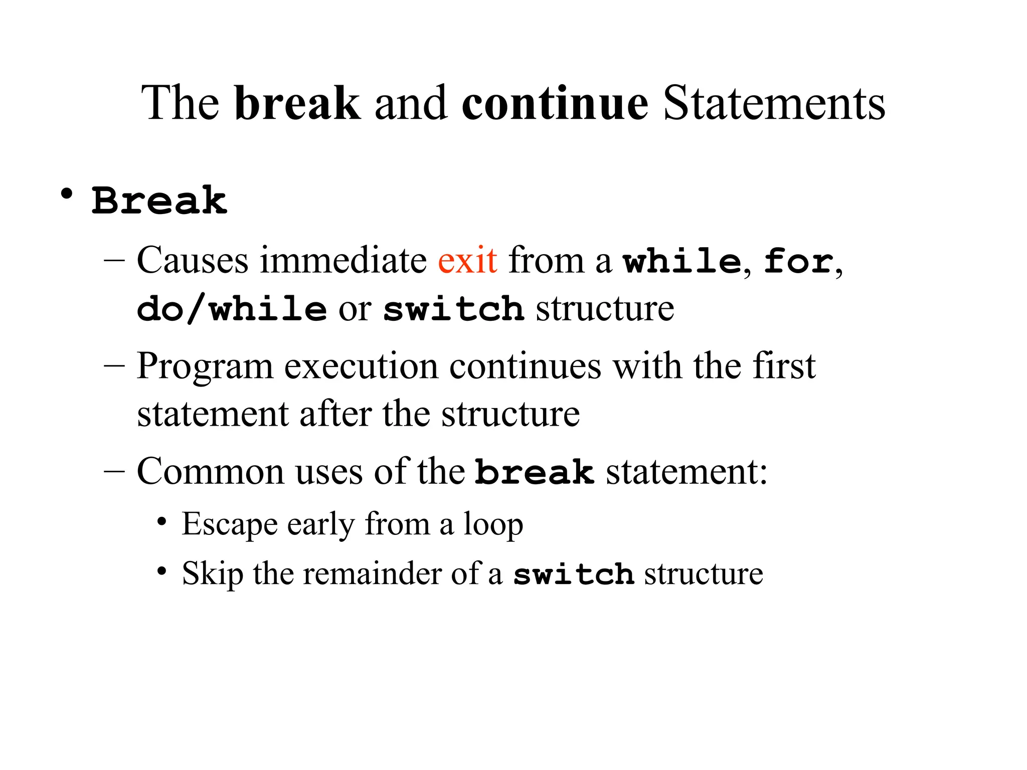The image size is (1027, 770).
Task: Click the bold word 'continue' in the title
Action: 555,103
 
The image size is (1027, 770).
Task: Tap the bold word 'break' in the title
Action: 297,103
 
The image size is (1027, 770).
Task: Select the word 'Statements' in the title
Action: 774,103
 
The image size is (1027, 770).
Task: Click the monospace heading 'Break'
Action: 159,201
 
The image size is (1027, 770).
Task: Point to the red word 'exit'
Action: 467,261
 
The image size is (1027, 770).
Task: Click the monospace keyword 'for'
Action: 798,262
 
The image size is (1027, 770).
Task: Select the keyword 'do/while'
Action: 232,309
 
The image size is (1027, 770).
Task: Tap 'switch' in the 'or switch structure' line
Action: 453,309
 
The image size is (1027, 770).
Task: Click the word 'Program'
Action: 205,367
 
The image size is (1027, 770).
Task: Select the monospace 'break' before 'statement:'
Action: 535,472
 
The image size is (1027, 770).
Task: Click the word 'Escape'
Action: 229,525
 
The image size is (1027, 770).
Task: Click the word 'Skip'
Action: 212,573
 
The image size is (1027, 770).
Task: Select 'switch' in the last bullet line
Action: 574,574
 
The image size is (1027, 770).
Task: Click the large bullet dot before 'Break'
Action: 66,195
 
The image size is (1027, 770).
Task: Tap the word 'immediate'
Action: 343,261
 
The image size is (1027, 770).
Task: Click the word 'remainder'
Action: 372,573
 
